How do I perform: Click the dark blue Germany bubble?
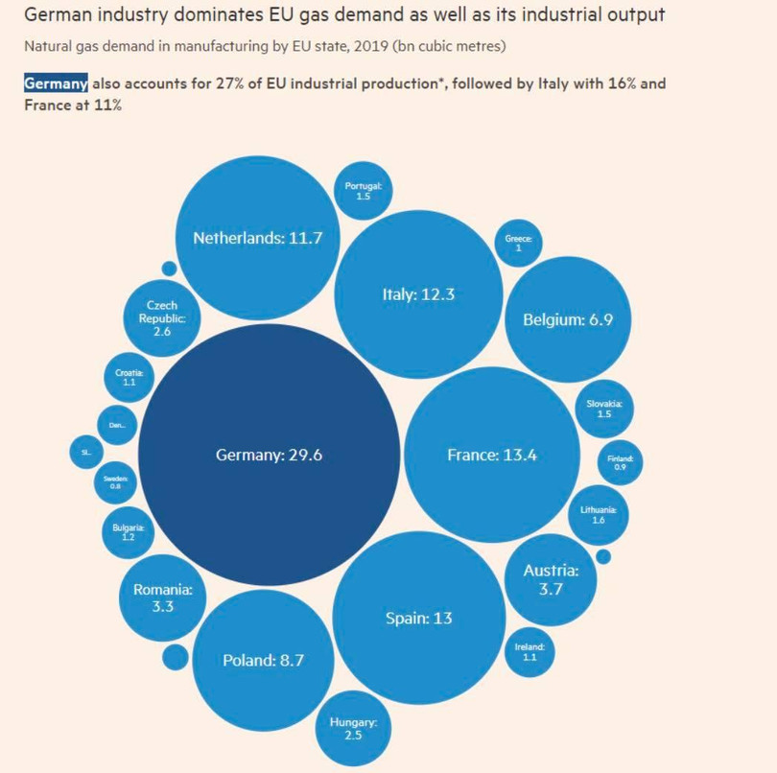[269, 455]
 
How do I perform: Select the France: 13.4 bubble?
[492, 455]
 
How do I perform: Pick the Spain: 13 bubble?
[419, 618]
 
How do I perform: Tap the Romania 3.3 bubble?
[163, 598]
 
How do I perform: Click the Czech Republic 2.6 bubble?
[161, 317]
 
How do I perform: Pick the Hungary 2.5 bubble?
[354, 728]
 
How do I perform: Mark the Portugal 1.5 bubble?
[364, 190]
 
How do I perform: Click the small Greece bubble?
[518, 243]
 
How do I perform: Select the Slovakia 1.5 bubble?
[604, 410]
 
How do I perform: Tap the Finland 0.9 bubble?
[620, 462]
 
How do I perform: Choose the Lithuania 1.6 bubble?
[599, 515]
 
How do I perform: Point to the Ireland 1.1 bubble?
[530, 652]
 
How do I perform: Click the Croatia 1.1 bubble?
[129, 377]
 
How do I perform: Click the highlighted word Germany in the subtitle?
[57, 83]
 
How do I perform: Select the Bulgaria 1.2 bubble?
[129, 532]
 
